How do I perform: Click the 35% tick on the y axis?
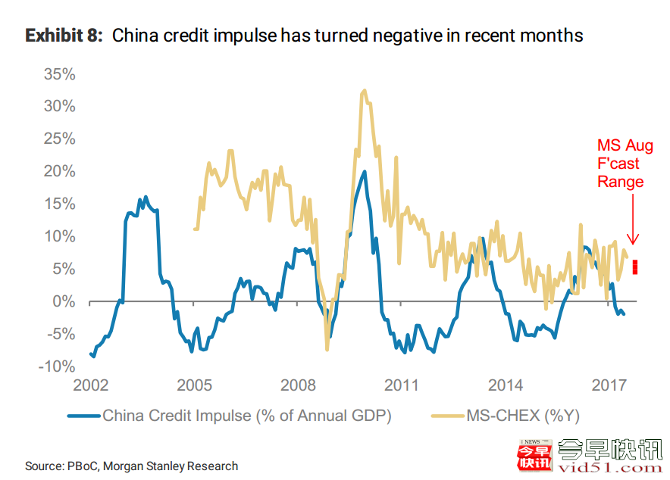point(60,74)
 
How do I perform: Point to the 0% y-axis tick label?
point(64,302)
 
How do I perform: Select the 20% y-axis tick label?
point(60,172)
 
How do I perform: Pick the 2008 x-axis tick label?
point(297,385)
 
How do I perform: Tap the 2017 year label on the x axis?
point(609,385)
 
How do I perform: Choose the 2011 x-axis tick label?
point(401,385)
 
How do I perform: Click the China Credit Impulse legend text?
point(247,415)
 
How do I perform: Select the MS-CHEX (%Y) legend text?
point(524,415)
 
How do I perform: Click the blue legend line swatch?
point(83,415)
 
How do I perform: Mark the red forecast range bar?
point(635,266)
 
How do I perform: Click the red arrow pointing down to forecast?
point(634,220)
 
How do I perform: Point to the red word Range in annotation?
point(620,182)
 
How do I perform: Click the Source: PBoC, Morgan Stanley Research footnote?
point(131,466)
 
